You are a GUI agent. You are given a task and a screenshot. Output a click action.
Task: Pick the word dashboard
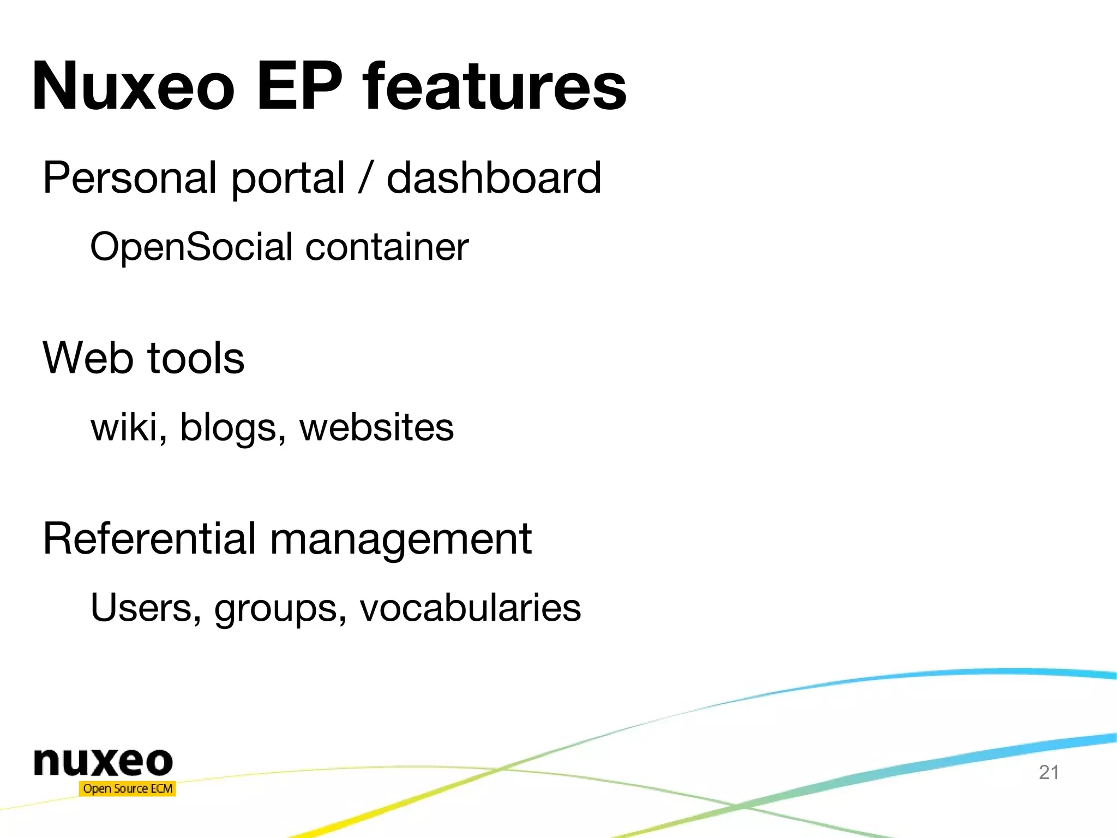coord(494,178)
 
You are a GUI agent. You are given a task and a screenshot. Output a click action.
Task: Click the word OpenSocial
coord(191,247)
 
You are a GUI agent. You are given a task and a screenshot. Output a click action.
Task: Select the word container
coord(387,247)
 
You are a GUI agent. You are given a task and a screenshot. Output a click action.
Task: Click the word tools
coord(196,358)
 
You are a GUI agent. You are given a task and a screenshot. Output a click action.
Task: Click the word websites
coord(376,427)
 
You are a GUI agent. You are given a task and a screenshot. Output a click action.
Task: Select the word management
coord(401,539)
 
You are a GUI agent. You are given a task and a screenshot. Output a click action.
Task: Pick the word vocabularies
coord(470,608)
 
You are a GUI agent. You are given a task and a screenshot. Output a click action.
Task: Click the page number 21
coord(1049,772)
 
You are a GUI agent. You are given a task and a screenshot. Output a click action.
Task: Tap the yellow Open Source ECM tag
coord(128,788)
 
